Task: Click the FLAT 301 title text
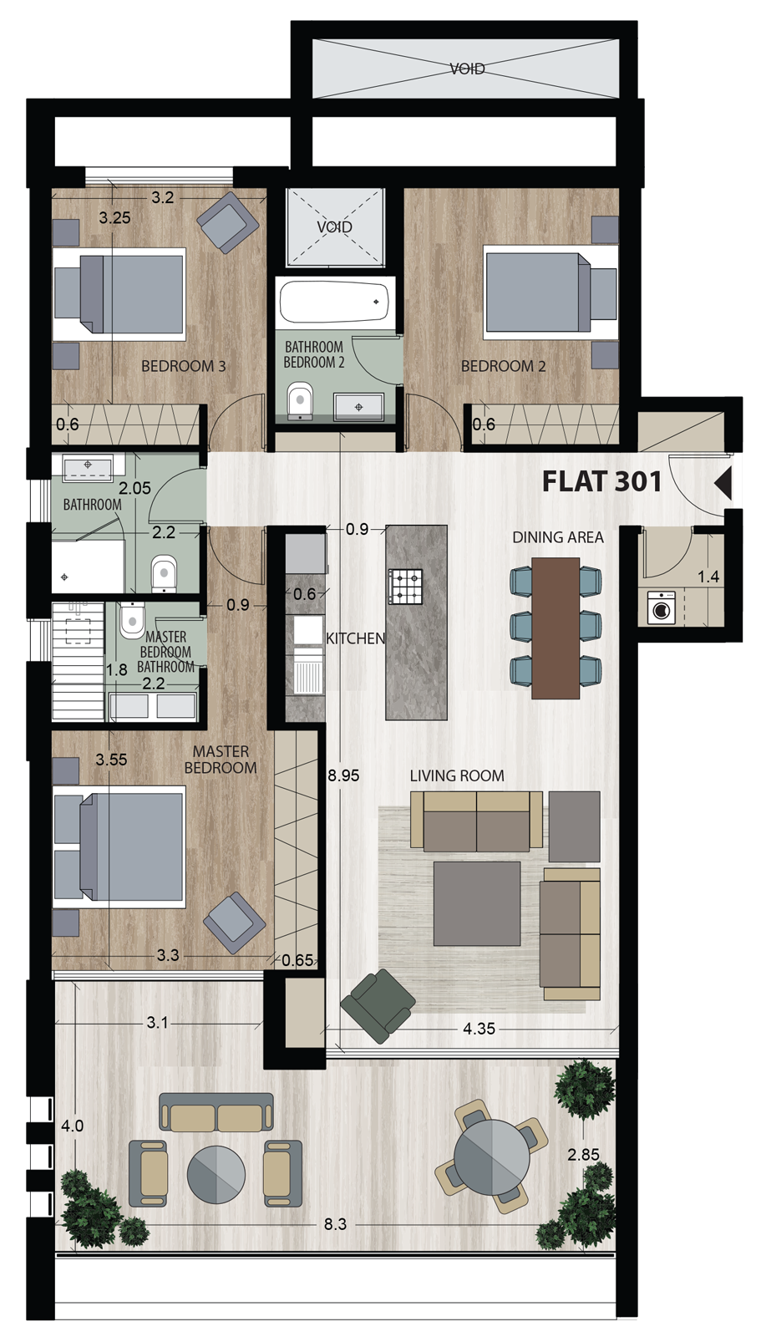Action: [x=601, y=481]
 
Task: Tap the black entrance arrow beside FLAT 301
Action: [x=723, y=483]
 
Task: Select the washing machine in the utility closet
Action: [x=661, y=609]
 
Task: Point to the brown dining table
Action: [x=556, y=627]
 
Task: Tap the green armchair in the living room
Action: [x=378, y=1005]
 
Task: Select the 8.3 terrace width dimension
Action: [x=335, y=1224]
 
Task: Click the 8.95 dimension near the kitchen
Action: [x=343, y=775]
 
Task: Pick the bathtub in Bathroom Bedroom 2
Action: [x=334, y=302]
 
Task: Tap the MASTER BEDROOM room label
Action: [x=221, y=760]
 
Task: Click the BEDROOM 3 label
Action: [x=183, y=366]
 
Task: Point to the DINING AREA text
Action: [x=558, y=537]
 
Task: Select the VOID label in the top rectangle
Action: [x=467, y=69]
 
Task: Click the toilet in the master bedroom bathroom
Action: [x=131, y=620]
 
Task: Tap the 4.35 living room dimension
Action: [x=479, y=1029]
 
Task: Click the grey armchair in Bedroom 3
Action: [x=227, y=221]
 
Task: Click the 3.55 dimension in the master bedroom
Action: [x=111, y=760]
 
